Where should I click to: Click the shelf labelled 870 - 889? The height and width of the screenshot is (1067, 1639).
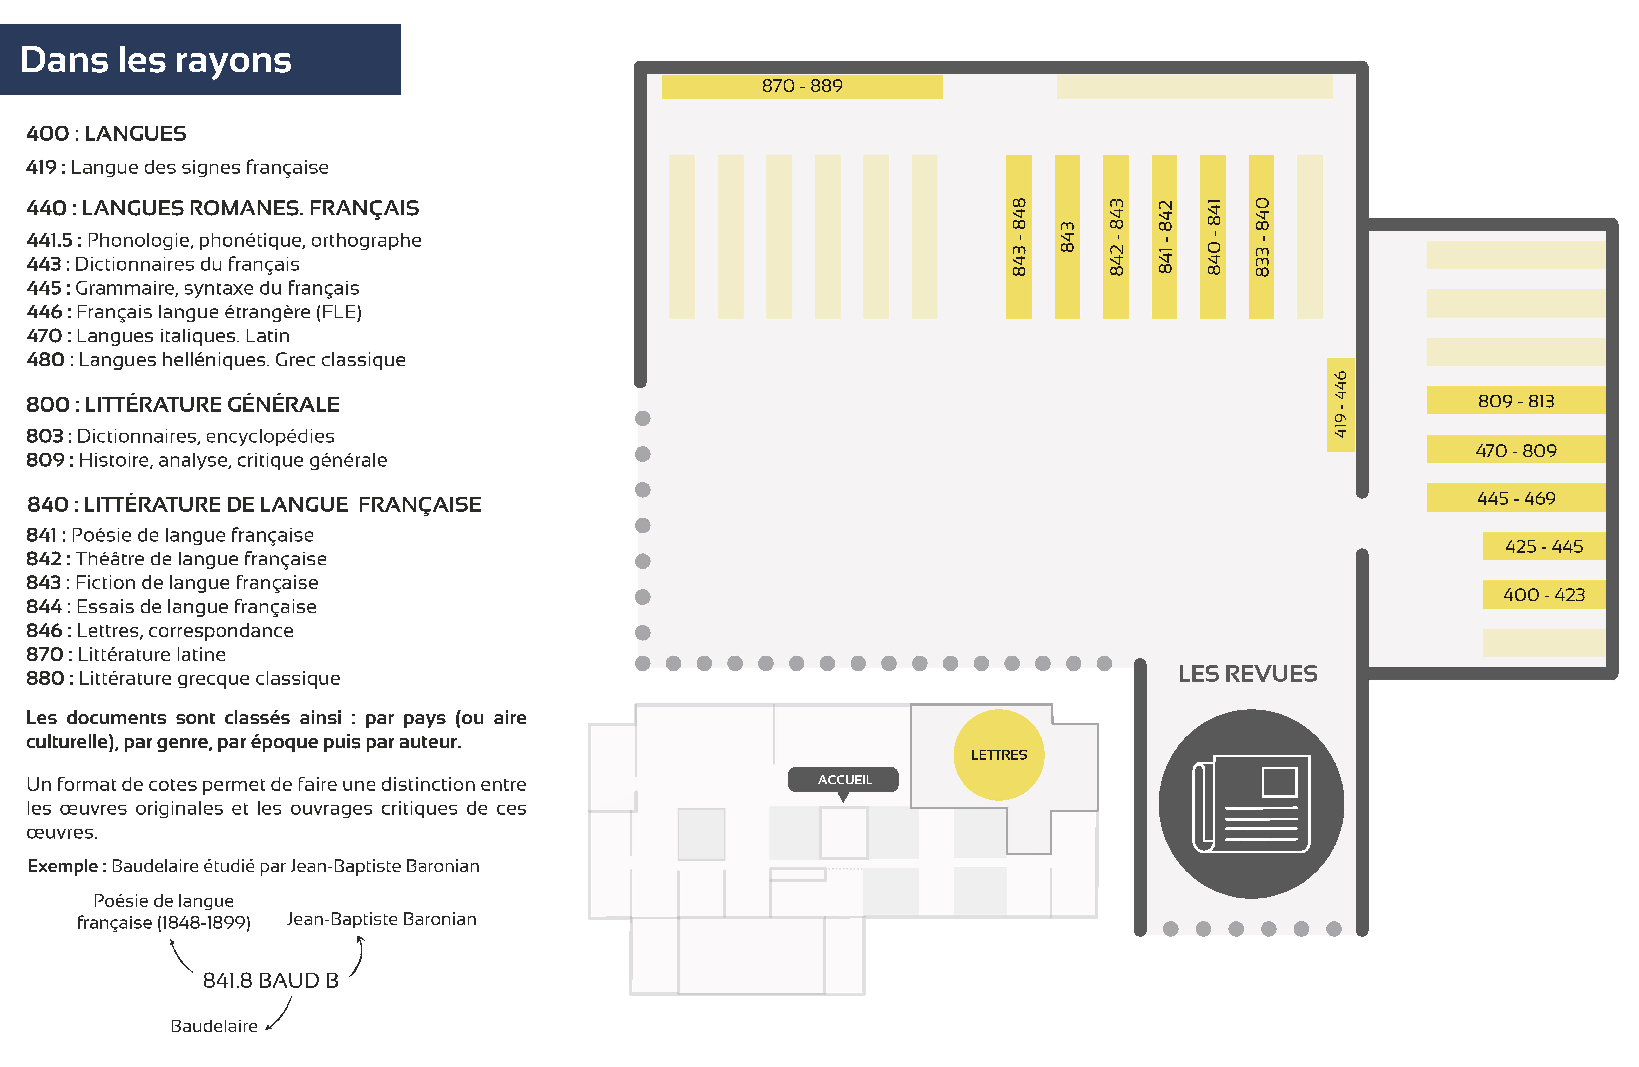(x=802, y=86)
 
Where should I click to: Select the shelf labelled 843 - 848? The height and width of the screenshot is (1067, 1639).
(x=1019, y=237)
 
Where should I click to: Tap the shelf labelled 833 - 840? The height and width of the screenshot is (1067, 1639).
(x=1261, y=237)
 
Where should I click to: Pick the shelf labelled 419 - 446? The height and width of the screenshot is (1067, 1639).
(x=1340, y=405)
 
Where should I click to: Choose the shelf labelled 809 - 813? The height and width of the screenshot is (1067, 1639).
(x=1516, y=401)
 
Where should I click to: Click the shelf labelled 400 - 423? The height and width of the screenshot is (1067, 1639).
(x=1544, y=595)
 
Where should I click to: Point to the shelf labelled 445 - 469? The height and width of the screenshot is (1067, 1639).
(x=1516, y=498)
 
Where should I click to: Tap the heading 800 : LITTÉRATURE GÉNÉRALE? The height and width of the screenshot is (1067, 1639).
(x=183, y=404)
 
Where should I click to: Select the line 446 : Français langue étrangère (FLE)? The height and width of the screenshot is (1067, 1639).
(x=194, y=312)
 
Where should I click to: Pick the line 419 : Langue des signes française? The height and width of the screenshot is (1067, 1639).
(x=178, y=167)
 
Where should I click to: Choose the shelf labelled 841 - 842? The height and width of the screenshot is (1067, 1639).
(x=1164, y=237)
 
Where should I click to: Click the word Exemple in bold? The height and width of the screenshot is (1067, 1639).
(x=63, y=866)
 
